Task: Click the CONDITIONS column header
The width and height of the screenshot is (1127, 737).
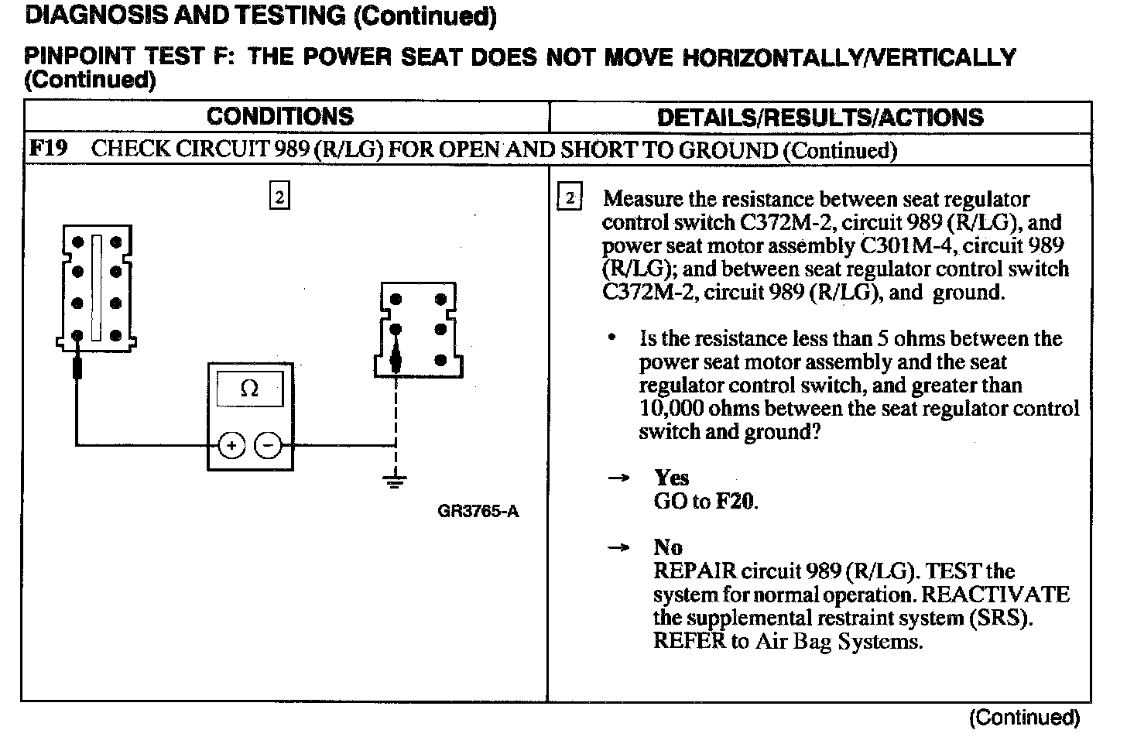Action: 279,116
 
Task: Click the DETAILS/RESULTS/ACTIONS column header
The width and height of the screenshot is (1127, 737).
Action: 820,118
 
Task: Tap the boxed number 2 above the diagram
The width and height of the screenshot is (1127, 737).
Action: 279,197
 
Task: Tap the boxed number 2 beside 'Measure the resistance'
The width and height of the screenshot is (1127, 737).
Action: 569,198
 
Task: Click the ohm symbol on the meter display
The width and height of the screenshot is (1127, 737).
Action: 249,389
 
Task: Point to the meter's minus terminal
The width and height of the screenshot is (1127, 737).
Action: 268,445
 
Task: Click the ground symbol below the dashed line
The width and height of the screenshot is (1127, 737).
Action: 396,481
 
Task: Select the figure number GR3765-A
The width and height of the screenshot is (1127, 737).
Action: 478,512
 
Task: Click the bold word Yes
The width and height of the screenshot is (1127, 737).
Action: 671,478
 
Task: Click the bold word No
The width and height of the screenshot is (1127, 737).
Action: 668,547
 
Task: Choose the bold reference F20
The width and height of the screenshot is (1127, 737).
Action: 735,502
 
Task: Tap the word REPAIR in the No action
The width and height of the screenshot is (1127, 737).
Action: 694,571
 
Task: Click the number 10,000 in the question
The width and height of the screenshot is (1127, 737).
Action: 671,409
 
